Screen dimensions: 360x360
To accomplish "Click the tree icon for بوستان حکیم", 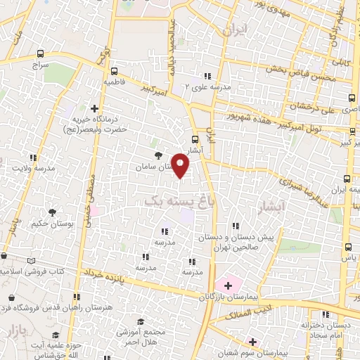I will point(52,212).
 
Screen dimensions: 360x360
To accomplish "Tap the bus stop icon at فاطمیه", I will point(114,70).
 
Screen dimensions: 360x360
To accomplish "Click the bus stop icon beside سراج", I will point(39,53).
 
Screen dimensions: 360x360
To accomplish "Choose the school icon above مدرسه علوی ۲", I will point(207,76).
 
